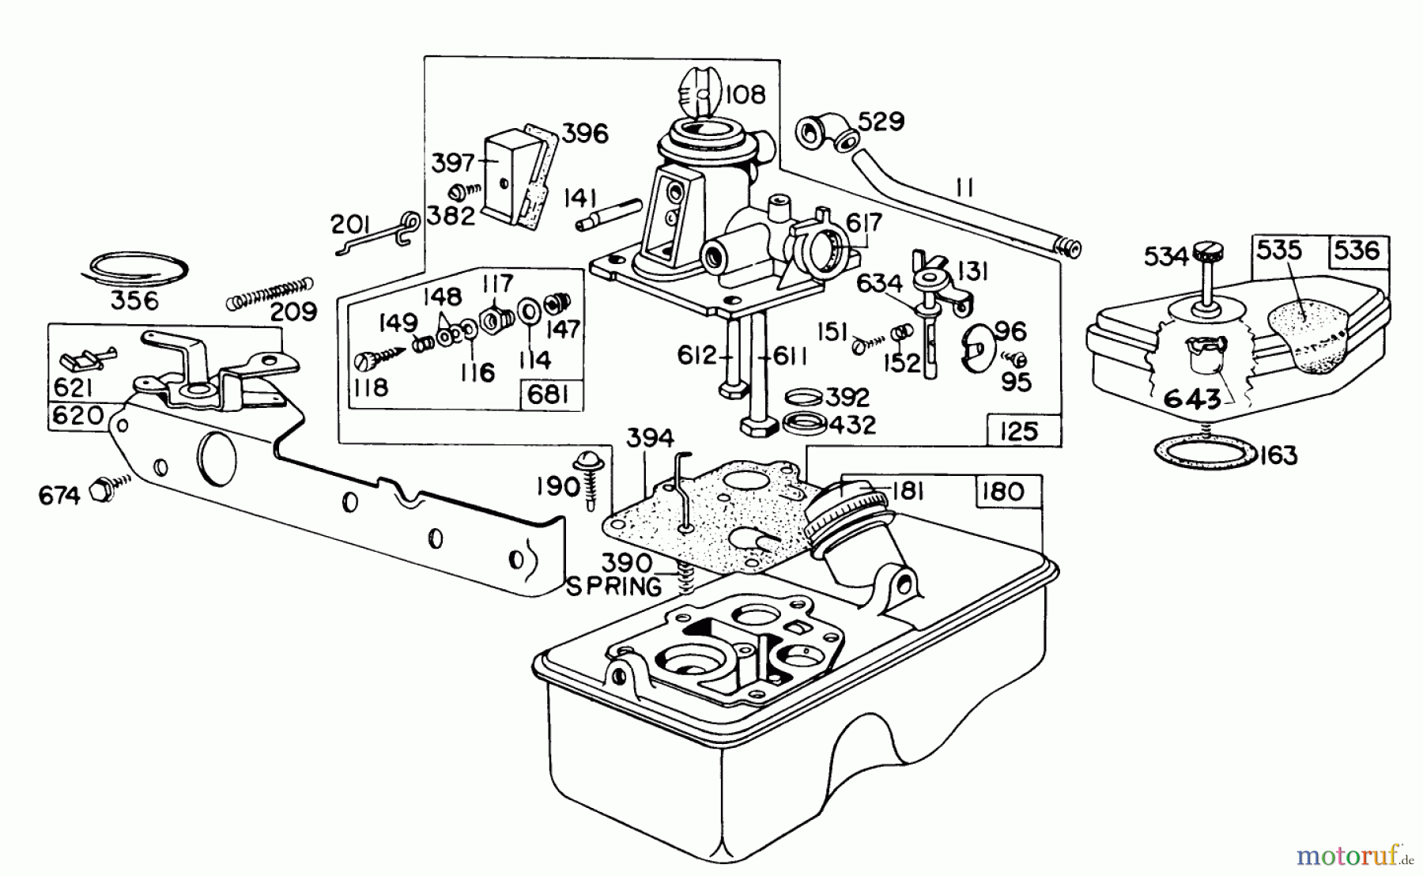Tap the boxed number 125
tap(1018, 431)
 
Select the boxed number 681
tap(548, 395)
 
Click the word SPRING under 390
tap(614, 587)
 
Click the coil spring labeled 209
tap(269, 293)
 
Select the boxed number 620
tap(77, 415)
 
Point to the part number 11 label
tap(964, 188)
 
